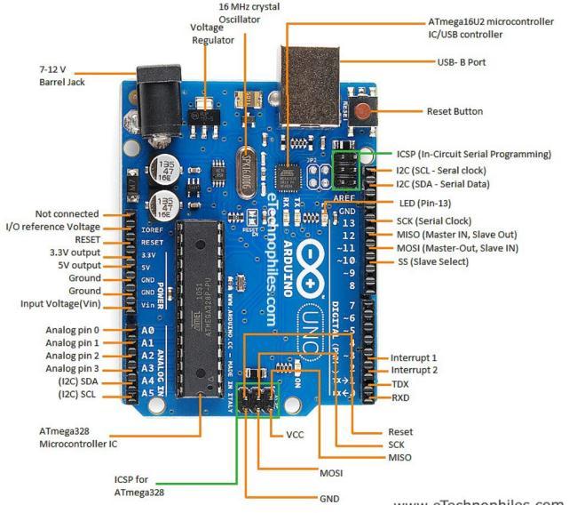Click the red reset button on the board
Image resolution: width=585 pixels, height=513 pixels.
coord(362,112)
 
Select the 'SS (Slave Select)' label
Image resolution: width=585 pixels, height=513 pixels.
coord(431,262)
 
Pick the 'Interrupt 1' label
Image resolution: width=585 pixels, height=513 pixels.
coord(414,357)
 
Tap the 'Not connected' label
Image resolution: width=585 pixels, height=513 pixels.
coord(67,214)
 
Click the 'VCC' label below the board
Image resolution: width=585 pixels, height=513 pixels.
coord(296,436)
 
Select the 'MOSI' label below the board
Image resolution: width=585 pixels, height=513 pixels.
coord(331,473)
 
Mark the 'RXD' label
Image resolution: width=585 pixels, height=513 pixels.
coord(401,397)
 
